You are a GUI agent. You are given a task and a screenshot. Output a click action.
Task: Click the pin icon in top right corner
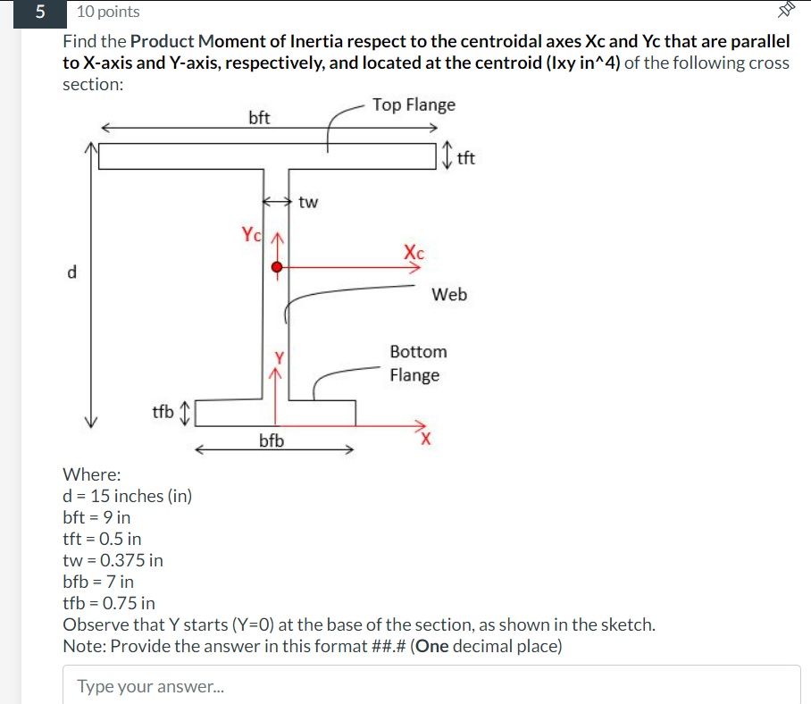(785, 11)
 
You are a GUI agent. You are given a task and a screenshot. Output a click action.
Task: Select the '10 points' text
(108, 12)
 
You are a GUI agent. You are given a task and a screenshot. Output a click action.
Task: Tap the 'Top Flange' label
(414, 105)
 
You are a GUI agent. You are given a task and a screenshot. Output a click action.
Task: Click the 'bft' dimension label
(259, 118)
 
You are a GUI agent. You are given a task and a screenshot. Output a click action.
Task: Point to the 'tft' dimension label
(465, 159)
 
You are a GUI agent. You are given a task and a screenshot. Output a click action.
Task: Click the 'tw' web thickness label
(308, 202)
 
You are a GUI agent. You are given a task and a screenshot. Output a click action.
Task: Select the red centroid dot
(278, 266)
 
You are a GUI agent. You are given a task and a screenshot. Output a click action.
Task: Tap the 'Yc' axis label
(252, 235)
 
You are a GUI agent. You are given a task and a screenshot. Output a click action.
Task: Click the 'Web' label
(449, 294)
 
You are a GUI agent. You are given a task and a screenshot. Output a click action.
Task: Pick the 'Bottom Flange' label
(417, 363)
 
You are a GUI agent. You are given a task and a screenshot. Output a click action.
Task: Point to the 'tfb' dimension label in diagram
(163, 412)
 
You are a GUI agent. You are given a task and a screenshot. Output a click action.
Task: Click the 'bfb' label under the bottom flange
(272, 440)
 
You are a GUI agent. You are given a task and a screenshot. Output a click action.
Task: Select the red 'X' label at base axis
(427, 439)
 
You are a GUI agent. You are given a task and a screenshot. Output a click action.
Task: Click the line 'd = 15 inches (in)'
(127, 496)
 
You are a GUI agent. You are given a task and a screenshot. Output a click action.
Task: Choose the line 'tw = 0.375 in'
(113, 560)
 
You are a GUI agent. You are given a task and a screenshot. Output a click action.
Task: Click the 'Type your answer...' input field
(431, 685)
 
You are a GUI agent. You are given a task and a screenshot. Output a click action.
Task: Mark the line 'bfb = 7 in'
(98, 582)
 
